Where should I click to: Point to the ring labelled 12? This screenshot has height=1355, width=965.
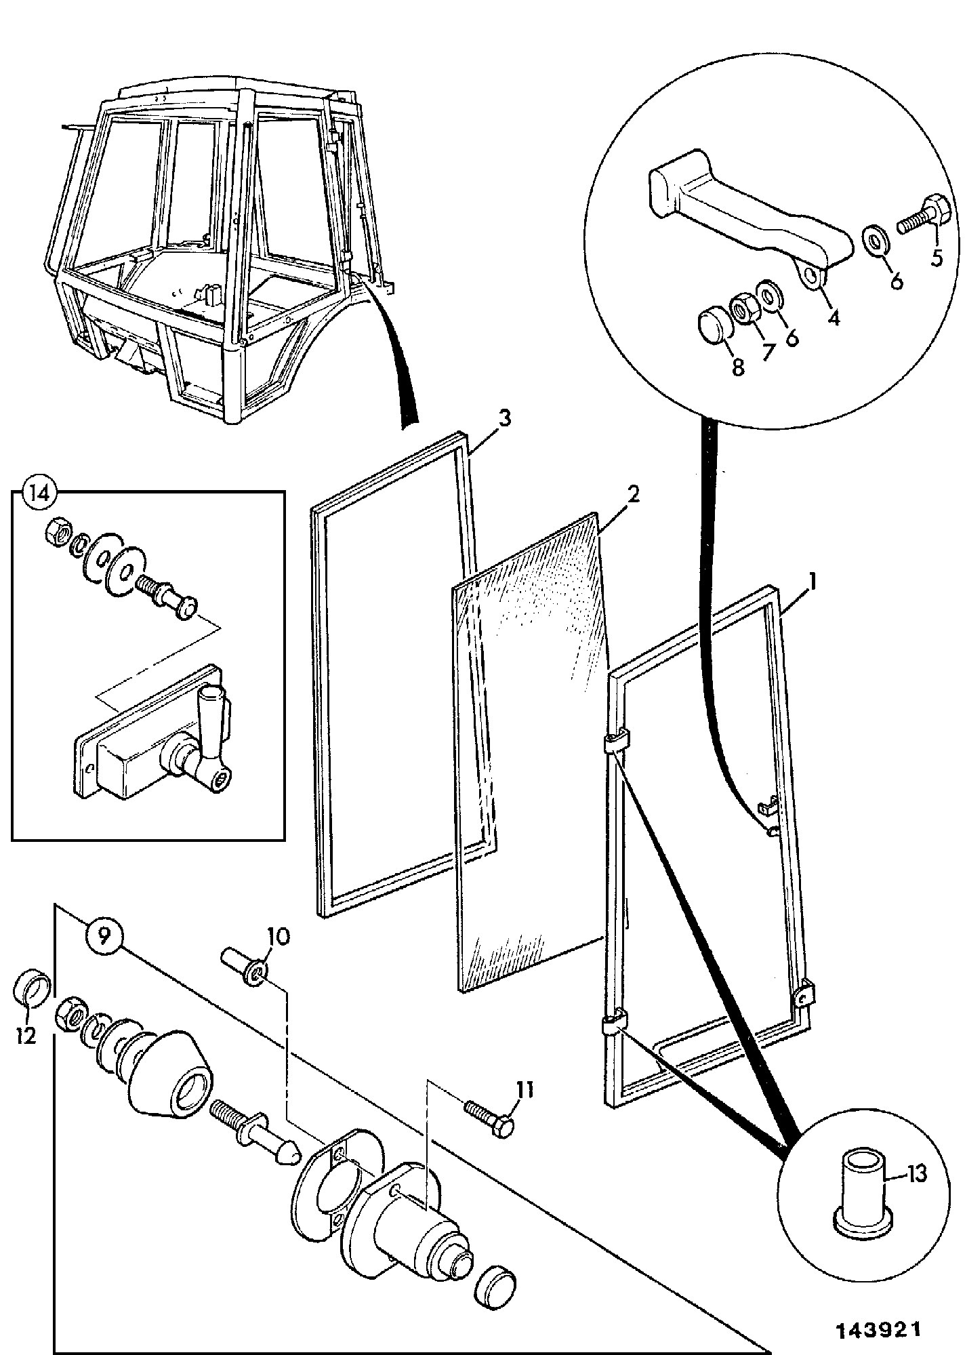coord(32,990)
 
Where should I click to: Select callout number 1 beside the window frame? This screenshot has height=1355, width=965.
coord(814,582)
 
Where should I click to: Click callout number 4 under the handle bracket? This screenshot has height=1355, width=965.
coord(834,316)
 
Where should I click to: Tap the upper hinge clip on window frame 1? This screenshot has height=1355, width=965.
coord(615,742)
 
